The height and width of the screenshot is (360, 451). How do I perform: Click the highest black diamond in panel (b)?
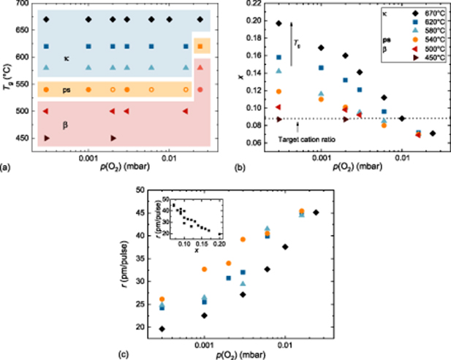[x=278, y=23]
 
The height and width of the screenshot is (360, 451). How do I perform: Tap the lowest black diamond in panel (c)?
[x=162, y=329]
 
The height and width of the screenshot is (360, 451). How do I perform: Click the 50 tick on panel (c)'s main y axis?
[x=137, y=189]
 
